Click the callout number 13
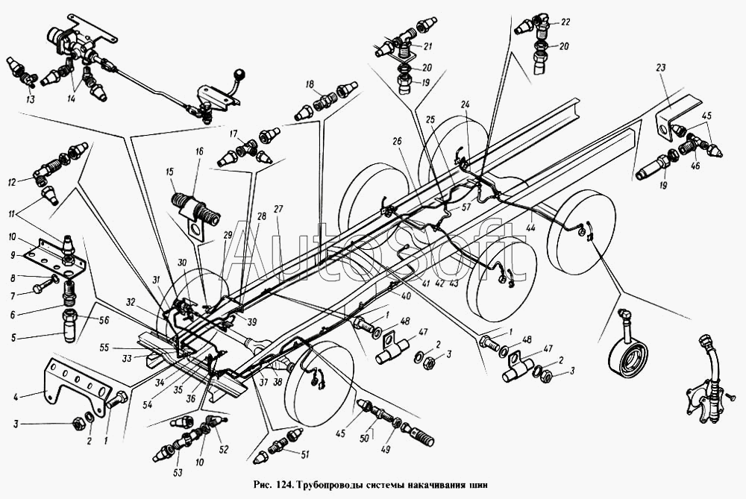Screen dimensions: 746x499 pyautogui.click(x=31, y=99)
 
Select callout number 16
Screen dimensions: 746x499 pyautogui.click(x=199, y=151)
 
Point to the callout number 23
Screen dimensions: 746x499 pyautogui.click(x=661, y=68)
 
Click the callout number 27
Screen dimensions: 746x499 pyautogui.click(x=278, y=210)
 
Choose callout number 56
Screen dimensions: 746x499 pyautogui.click(x=104, y=320)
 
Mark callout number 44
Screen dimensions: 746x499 pyautogui.click(x=530, y=227)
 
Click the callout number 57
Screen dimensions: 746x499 pyautogui.click(x=466, y=207)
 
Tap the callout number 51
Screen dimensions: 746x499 pyautogui.click(x=304, y=455)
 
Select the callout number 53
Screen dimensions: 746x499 pyautogui.click(x=178, y=472)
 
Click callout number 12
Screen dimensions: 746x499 pyautogui.click(x=13, y=182)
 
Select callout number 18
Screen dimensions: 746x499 pyautogui.click(x=310, y=85)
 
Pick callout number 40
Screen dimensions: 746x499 pyautogui.click(x=405, y=295)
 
